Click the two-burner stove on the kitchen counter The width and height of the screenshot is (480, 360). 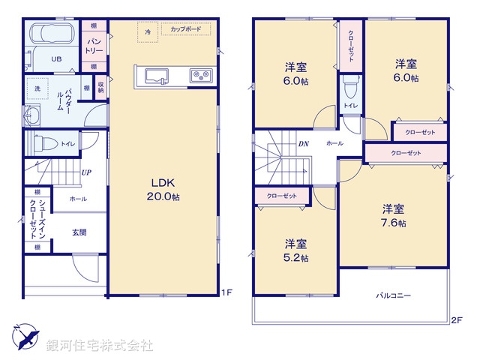(199, 75)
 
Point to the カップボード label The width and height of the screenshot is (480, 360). (185, 30)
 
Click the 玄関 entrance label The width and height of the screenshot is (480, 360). (79, 232)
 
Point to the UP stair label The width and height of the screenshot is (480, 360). (86, 172)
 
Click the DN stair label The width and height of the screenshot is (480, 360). (304, 143)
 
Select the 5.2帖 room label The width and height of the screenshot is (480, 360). (295, 250)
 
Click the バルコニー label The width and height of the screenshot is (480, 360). (393, 295)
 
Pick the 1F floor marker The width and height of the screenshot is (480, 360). (226, 293)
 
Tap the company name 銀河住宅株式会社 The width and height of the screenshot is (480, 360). (99, 346)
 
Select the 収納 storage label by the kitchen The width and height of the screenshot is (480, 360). (100, 88)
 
